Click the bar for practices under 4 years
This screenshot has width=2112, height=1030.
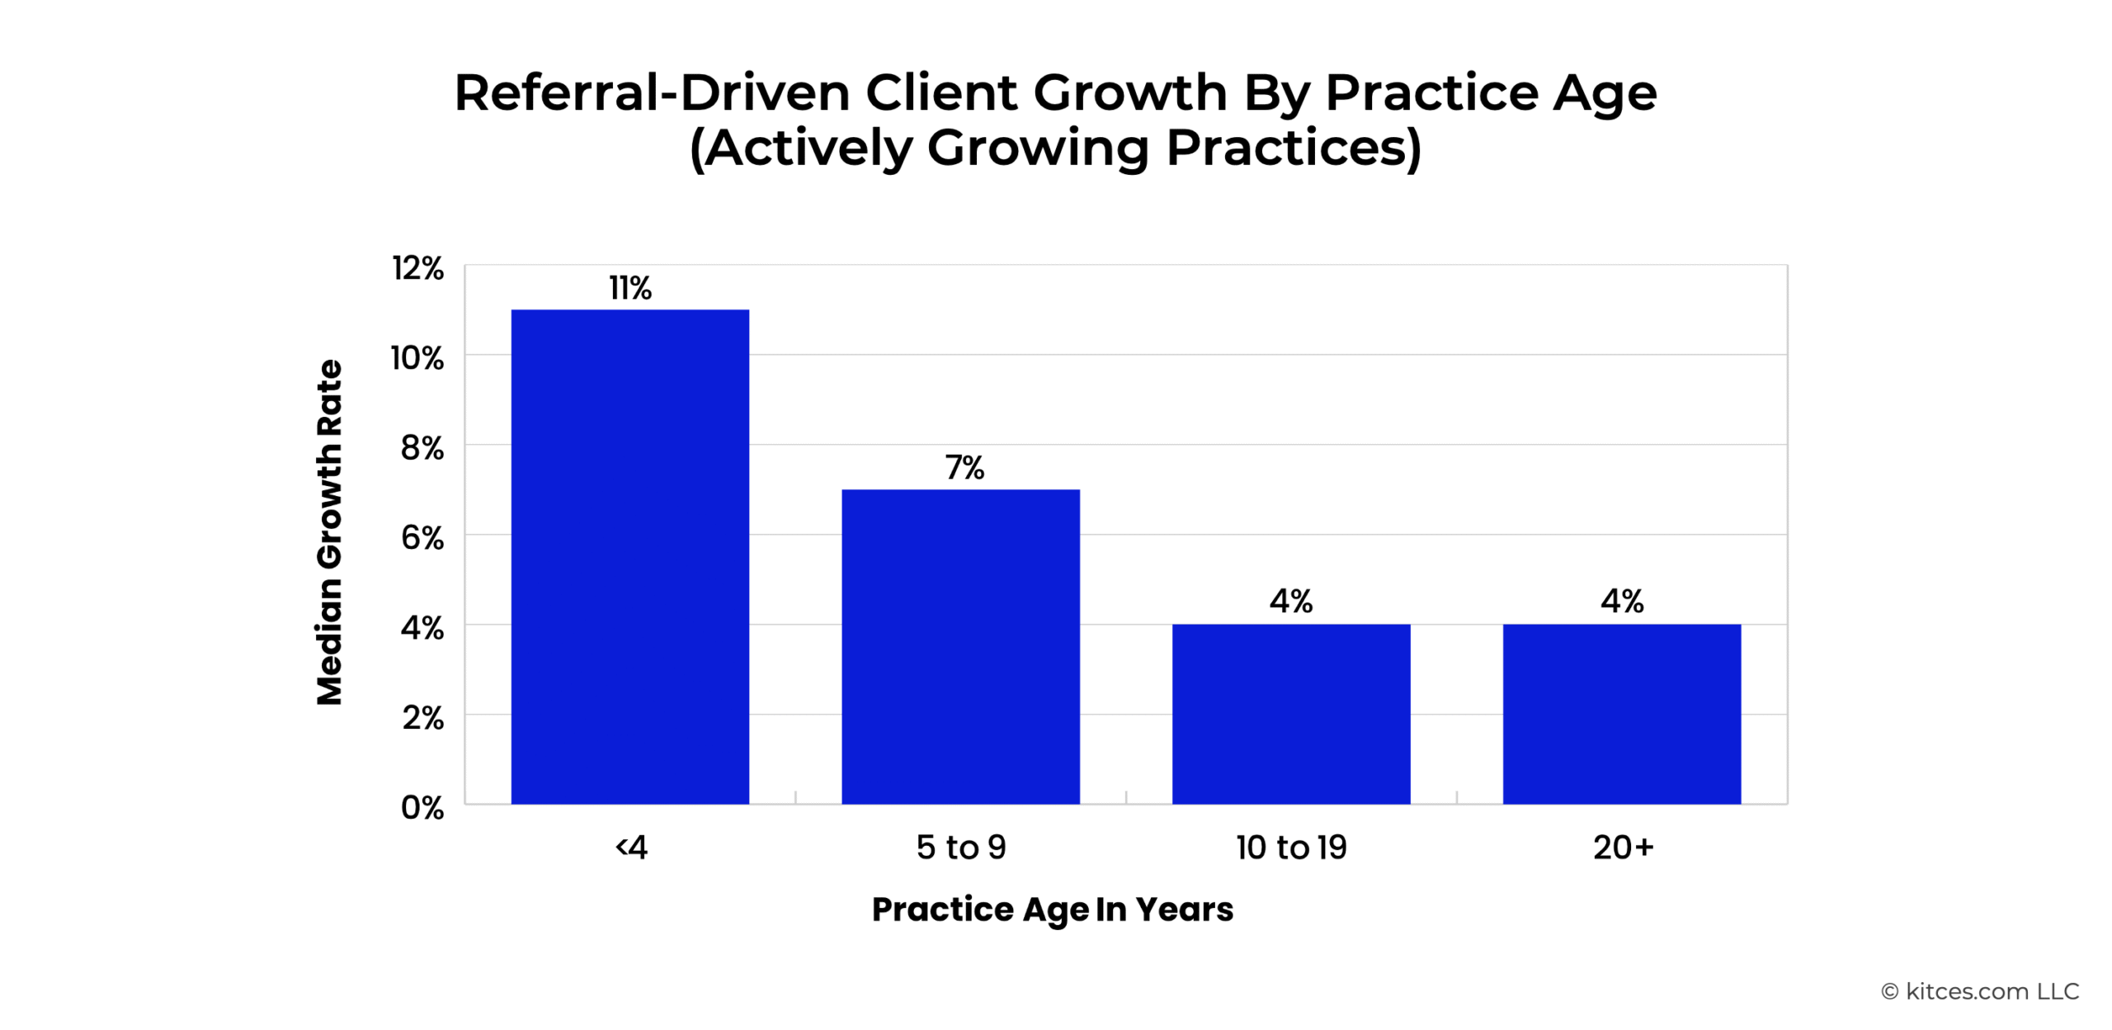click(629, 556)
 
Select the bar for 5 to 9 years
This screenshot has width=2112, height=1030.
click(960, 646)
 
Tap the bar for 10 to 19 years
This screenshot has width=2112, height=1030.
click(1291, 714)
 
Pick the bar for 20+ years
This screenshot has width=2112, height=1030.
click(1622, 714)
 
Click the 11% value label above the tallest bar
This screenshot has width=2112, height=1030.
click(630, 288)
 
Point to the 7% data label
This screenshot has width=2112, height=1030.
click(964, 467)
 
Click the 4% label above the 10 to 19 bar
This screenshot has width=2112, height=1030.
click(1291, 601)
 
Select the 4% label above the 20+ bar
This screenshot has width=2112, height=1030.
click(1622, 601)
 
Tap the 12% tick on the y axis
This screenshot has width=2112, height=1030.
click(417, 268)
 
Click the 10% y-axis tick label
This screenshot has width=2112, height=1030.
click(417, 358)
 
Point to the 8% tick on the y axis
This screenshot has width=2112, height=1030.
click(422, 448)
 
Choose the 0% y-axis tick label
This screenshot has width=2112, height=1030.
click(422, 807)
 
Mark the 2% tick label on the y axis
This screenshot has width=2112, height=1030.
click(422, 718)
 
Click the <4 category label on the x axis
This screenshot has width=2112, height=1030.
click(631, 848)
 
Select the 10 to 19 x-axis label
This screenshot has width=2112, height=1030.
click(1291, 848)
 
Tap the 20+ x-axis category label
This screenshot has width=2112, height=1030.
click(1623, 848)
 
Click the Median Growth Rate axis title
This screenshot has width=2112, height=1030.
click(329, 532)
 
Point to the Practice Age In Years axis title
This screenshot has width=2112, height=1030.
click(1053, 910)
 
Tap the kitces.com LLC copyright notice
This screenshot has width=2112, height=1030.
click(1980, 991)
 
